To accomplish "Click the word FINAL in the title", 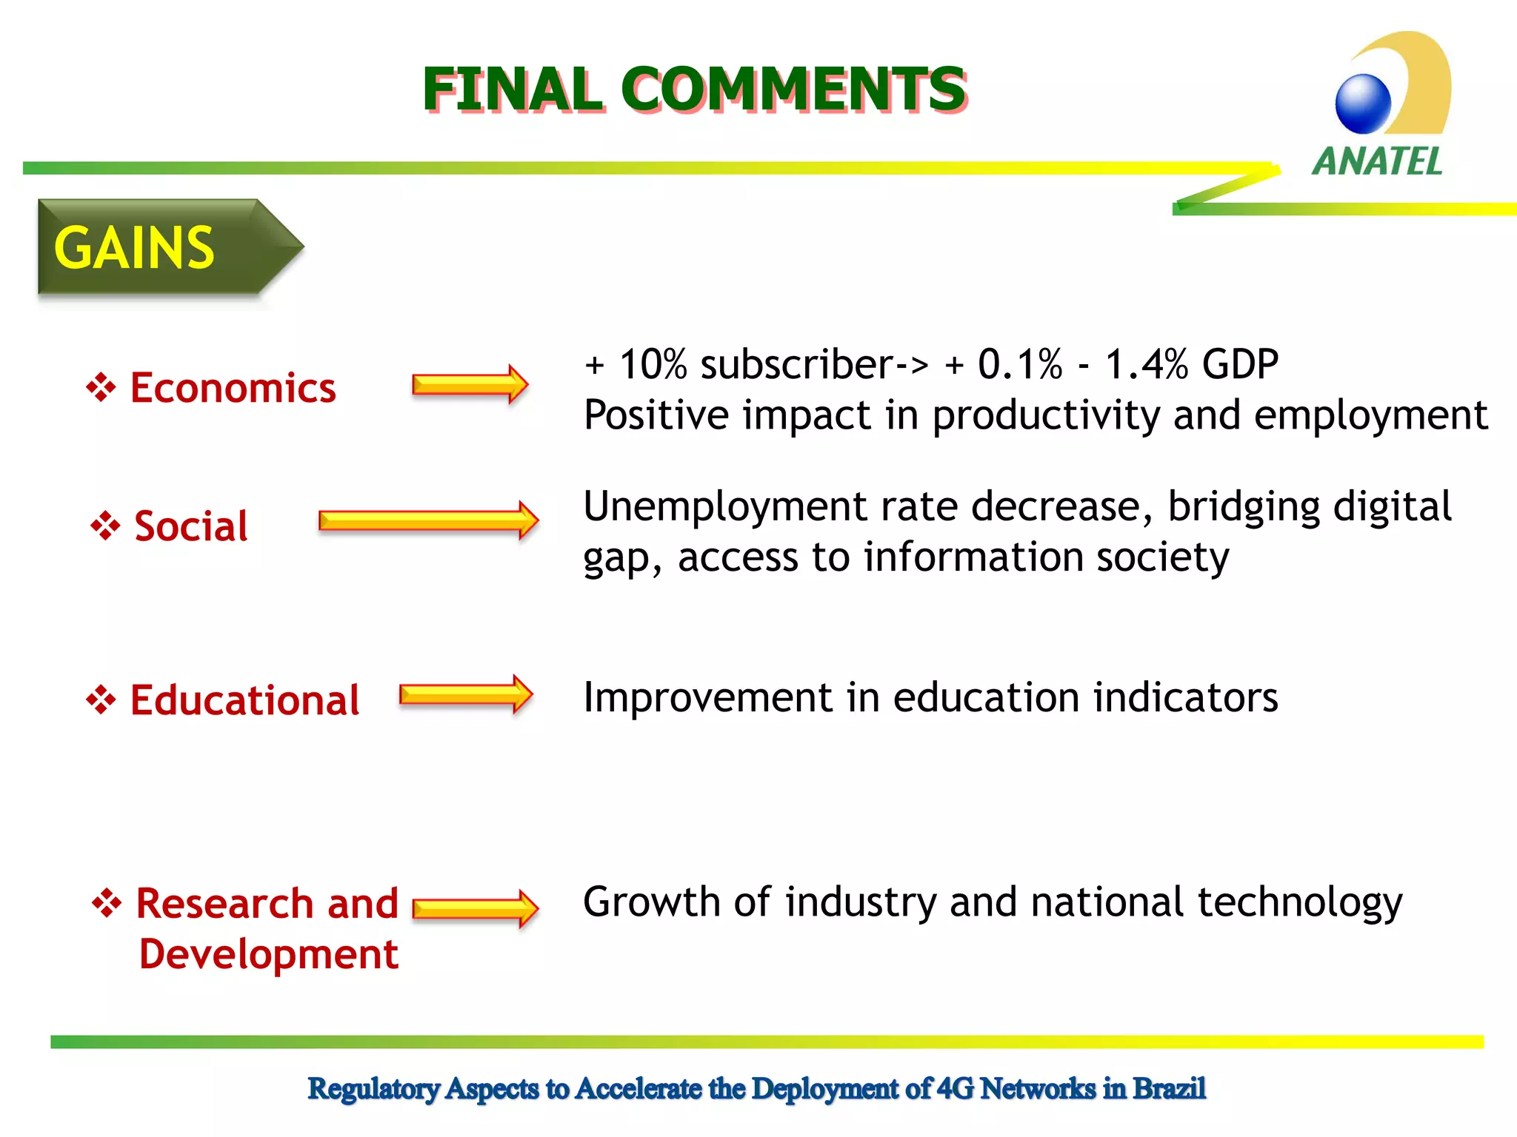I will click(x=512, y=90).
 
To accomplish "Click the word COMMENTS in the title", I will click(x=798, y=90).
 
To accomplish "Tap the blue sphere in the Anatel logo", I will click(x=1363, y=104).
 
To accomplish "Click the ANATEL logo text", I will click(x=1377, y=161).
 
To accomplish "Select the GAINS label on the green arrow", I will click(x=134, y=248).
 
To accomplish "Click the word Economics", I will click(x=233, y=388).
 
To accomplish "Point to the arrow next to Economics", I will click(x=470, y=384).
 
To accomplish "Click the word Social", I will click(x=191, y=526).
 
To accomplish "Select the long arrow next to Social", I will click(x=428, y=520).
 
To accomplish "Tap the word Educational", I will click(x=244, y=700).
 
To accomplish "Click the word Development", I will click(x=269, y=953).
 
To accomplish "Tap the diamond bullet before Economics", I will click(x=101, y=387).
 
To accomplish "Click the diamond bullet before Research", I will click(x=107, y=902).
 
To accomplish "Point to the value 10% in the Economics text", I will click(x=653, y=365).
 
